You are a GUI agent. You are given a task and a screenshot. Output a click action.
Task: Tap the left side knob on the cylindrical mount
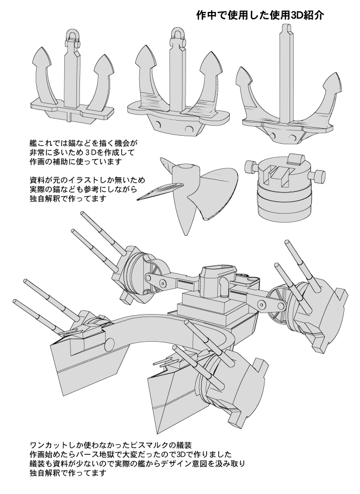click(x=248, y=166)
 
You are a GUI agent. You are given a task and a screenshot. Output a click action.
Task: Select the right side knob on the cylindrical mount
click(x=319, y=176)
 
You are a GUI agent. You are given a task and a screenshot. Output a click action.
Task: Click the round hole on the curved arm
click(x=110, y=344)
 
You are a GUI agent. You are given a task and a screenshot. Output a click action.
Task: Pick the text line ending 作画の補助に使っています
click(x=76, y=161)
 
